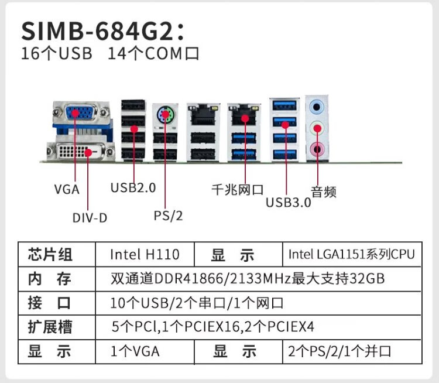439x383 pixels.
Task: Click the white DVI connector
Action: (x=80, y=152)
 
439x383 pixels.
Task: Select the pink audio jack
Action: (x=317, y=149)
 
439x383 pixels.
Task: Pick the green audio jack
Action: (x=317, y=126)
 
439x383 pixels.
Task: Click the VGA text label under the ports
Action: (x=67, y=189)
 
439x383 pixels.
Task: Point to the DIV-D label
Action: (x=90, y=218)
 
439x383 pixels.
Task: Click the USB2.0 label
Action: (x=133, y=188)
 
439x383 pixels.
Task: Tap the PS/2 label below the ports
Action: (x=169, y=216)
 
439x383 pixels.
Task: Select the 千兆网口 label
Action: (x=238, y=190)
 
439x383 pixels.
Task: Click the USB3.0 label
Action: (x=288, y=203)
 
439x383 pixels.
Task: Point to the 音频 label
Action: (x=324, y=191)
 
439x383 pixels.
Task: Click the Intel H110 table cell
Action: (x=145, y=255)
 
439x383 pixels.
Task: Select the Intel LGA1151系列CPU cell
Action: (x=351, y=255)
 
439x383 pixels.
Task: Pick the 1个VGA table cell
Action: (x=135, y=351)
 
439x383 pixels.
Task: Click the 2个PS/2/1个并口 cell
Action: (x=339, y=351)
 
